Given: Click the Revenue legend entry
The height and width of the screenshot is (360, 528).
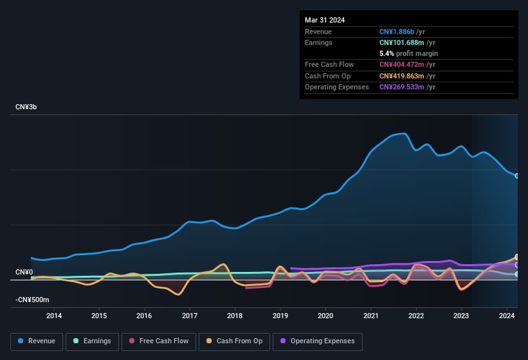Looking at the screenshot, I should click(x=36, y=341).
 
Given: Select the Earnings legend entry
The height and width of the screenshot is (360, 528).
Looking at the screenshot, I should click(x=93, y=341).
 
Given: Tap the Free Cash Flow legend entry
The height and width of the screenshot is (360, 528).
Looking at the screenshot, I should click(x=158, y=341).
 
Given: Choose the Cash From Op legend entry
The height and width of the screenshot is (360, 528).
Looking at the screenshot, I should click(x=235, y=341).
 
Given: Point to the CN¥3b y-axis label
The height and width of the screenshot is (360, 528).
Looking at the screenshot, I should click(x=26, y=107).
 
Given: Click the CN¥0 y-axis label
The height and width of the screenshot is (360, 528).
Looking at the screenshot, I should click(x=24, y=273).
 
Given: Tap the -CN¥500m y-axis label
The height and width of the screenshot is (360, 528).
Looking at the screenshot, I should click(x=32, y=300).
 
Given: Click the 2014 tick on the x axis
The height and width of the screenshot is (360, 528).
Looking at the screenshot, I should click(x=54, y=316).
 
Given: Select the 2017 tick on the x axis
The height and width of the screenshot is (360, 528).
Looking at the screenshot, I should click(x=190, y=316).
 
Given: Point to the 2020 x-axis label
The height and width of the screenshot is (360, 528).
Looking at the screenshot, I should click(x=325, y=316).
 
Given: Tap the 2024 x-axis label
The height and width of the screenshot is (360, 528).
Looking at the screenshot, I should click(x=507, y=316).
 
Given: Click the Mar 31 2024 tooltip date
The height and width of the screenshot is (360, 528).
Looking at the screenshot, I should click(x=325, y=20).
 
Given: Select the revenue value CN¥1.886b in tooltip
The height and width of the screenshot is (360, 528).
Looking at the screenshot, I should click(x=397, y=32).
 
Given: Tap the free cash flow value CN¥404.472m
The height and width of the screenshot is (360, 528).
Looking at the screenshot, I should click(x=402, y=64).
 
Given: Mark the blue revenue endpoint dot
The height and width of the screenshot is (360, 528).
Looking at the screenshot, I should click(x=516, y=175).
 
